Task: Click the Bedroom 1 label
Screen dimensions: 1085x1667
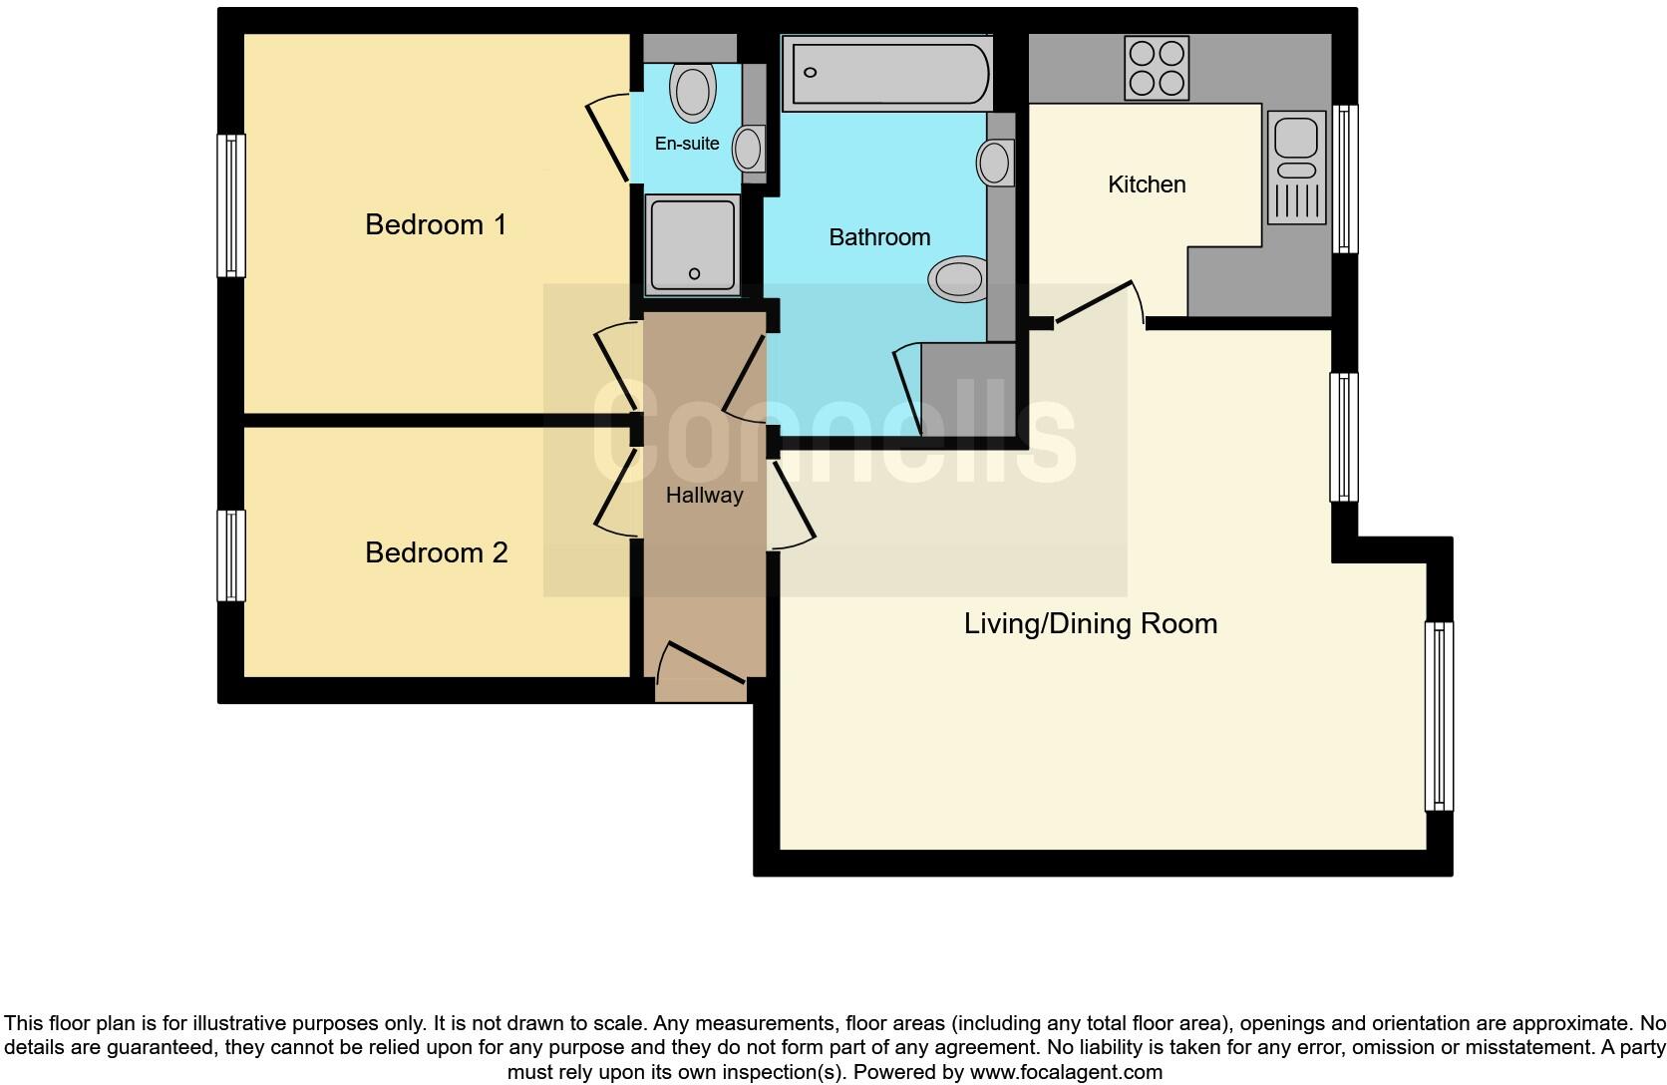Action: point(436,224)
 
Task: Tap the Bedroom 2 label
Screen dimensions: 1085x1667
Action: point(436,552)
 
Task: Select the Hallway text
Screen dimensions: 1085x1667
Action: point(704,495)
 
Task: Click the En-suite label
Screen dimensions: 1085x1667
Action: point(686,144)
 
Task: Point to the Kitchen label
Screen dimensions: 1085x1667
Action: point(1147,184)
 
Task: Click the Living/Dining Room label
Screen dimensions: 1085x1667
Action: point(1090,624)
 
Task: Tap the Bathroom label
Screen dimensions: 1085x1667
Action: point(879,237)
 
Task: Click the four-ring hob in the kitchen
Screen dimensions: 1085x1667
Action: point(1157,68)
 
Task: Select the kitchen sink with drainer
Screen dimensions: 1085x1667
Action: point(1296,167)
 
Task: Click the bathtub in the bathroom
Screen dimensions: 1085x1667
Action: point(887,73)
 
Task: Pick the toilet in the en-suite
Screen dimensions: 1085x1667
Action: point(693,92)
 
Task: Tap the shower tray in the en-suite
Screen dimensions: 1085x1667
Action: point(693,244)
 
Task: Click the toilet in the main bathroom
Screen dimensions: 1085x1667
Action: point(958,278)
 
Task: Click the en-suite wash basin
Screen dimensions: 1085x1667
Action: point(748,150)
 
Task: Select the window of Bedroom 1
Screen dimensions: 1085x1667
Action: point(231,205)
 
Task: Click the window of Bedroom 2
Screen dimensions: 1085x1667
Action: point(231,555)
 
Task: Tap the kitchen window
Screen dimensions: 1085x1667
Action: point(1345,179)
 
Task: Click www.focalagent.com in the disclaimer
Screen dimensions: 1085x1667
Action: point(1065,1072)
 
